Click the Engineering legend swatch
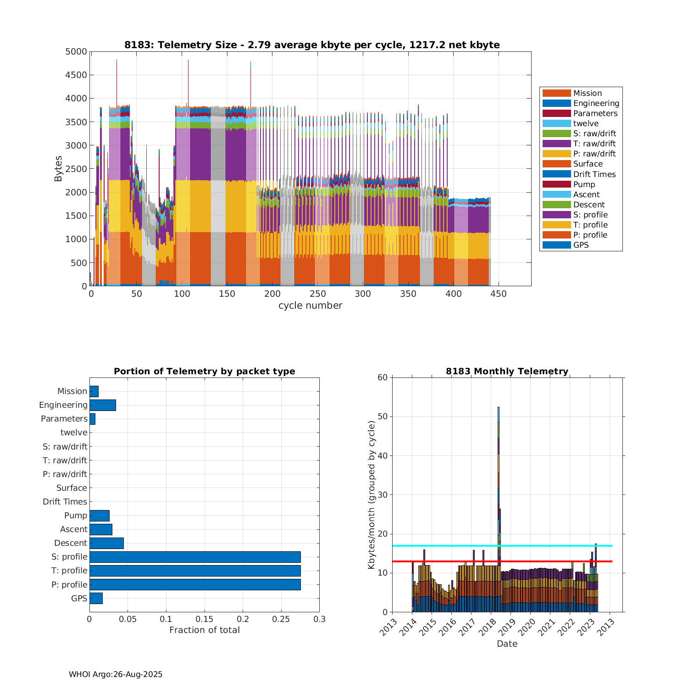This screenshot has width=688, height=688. pyautogui.click(x=556, y=103)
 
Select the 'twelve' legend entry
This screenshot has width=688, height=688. pyautogui.click(x=586, y=123)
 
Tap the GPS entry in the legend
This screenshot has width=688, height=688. pyautogui.click(x=581, y=245)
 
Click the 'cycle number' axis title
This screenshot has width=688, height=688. pyautogui.click(x=310, y=305)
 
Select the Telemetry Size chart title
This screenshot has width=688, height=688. pyautogui.click(x=312, y=45)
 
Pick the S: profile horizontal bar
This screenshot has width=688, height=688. pyautogui.click(x=195, y=557)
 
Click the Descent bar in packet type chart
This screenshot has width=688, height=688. pyautogui.click(x=106, y=543)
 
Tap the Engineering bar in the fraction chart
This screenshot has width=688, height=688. pyautogui.click(x=103, y=405)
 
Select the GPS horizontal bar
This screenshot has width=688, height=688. pyautogui.click(x=96, y=598)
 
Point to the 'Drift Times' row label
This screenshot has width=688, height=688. pyautogui.click(x=65, y=502)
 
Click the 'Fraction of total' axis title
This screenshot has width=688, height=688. pyautogui.click(x=205, y=630)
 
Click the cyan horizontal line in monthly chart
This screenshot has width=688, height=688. pyautogui.click(x=550, y=546)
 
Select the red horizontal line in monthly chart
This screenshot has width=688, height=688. pyautogui.click(x=550, y=561)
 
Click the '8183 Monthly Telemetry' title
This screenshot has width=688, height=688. pyautogui.click(x=507, y=372)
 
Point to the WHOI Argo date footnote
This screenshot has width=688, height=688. pyautogui.click(x=116, y=674)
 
